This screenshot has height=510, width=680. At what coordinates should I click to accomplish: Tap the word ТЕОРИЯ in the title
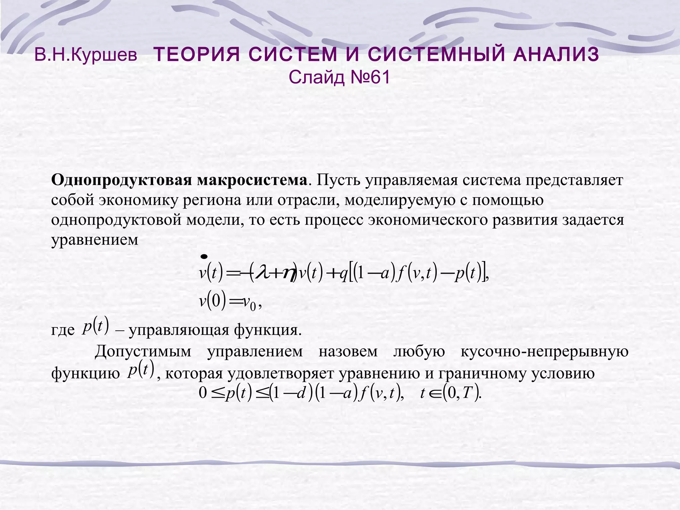[x=197, y=55]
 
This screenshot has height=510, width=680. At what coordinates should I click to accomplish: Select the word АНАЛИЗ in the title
[x=556, y=55]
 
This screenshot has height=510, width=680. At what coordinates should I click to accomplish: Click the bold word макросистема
[x=252, y=181]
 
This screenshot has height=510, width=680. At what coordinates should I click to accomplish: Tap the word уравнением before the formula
[x=95, y=240]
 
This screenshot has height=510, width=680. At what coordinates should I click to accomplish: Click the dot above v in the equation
[x=204, y=257]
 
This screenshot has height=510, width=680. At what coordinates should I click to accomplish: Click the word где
[x=63, y=331]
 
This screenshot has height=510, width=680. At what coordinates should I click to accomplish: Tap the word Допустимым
[x=143, y=351]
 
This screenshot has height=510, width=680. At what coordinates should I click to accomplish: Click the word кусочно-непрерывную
[x=545, y=351]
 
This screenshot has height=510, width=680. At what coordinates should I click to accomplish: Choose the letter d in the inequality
[x=300, y=394]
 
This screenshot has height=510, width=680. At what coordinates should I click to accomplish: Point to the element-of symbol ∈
[x=434, y=394]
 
